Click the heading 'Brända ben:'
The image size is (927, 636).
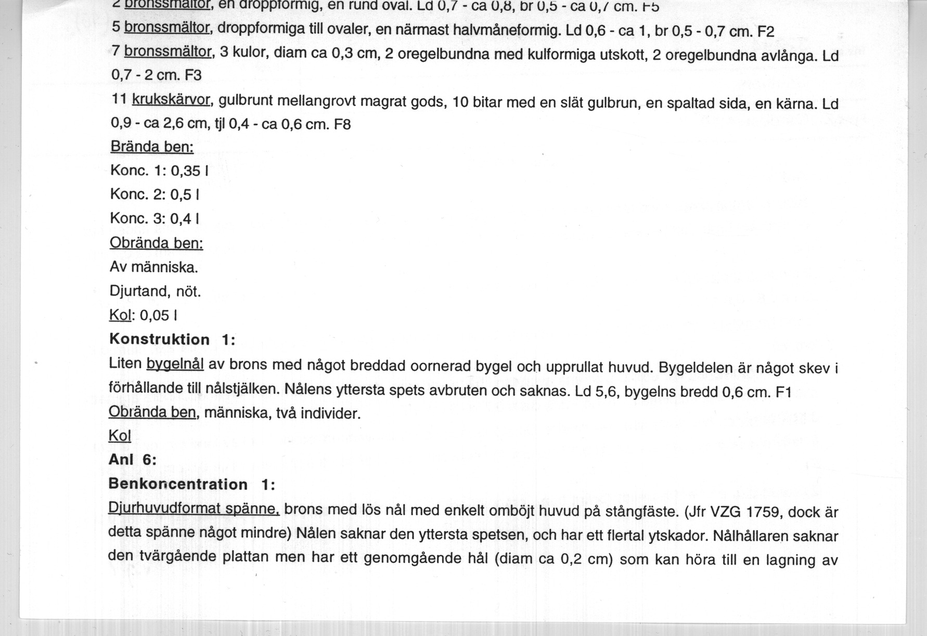tap(152, 147)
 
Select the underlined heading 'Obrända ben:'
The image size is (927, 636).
tap(156, 243)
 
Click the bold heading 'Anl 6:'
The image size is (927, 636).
tap(133, 460)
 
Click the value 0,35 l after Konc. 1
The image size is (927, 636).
tap(189, 171)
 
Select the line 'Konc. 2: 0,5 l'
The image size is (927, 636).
tap(155, 194)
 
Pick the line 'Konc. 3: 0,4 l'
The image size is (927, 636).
tap(155, 218)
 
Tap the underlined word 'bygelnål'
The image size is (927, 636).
tap(175, 364)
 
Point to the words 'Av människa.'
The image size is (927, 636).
tap(154, 267)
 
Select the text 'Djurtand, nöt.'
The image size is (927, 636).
tap(155, 291)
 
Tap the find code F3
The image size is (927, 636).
tap(192, 75)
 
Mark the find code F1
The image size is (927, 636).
tap(783, 392)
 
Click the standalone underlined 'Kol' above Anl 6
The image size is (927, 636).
tap(120, 436)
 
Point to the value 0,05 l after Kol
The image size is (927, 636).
tap(159, 316)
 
